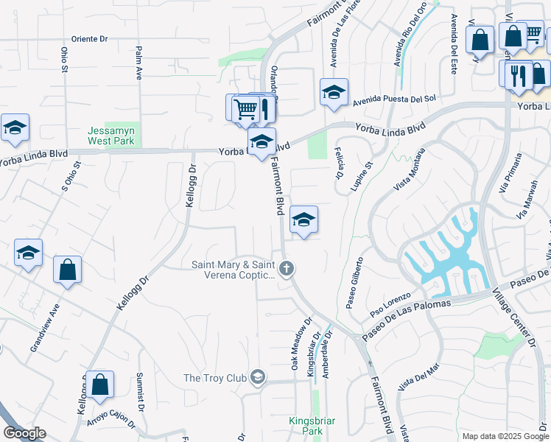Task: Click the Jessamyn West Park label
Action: point(111,135)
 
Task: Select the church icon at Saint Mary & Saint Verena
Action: point(287,269)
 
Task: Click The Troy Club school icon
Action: point(256,378)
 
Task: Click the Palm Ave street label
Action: point(138,63)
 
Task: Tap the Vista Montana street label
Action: point(410,171)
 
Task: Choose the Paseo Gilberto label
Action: point(351,283)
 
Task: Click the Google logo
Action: point(24,433)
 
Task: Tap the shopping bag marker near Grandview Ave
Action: point(67,270)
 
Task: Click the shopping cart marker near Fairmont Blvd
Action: point(245,110)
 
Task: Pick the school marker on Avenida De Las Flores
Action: point(334,93)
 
